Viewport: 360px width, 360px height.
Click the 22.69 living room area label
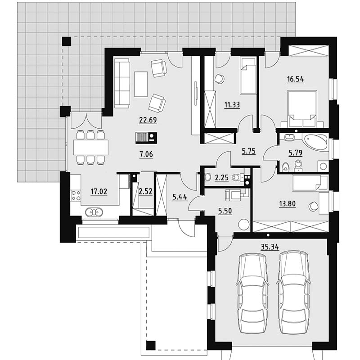(148, 120)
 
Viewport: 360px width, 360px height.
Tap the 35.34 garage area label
(270, 247)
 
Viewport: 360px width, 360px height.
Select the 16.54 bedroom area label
(296, 79)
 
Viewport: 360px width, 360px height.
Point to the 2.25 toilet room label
(221, 177)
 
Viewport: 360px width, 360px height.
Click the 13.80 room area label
(287, 203)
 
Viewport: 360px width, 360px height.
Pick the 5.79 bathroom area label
(296, 153)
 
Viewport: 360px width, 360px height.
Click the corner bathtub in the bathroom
(316, 142)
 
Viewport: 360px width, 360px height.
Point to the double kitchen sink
(94, 212)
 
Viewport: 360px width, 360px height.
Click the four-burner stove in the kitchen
(76, 196)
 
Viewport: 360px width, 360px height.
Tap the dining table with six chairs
(91, 148)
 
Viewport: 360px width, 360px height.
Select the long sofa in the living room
(122, 83)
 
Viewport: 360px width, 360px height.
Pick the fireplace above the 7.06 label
(146, 138)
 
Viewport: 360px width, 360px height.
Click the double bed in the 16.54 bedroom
(302, 108)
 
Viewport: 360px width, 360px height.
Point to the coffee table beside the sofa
(141, 84)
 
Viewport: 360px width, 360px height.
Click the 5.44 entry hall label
(180, 197)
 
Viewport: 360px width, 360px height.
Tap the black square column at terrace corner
(67, 41)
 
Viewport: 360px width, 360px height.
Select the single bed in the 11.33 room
(248, 76)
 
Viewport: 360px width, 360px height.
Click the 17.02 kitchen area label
(99, 191)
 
